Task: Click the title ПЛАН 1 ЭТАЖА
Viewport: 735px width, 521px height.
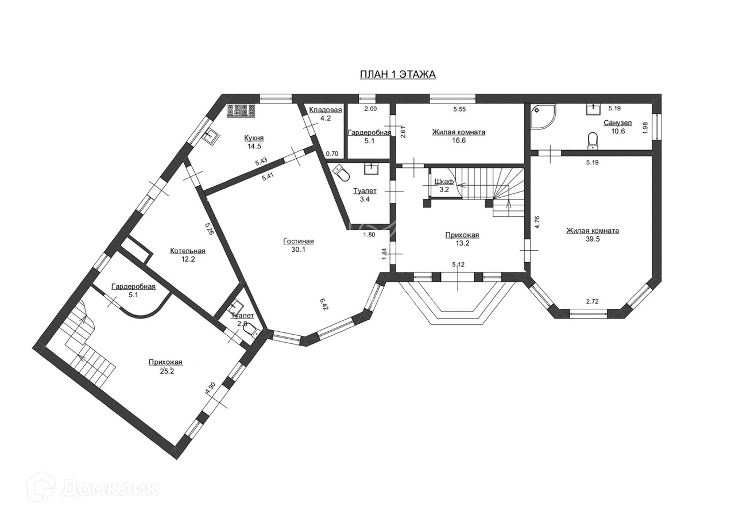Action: click(397, 74)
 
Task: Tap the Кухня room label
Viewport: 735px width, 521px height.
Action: click(254, 138)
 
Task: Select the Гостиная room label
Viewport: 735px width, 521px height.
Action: click(298, 241)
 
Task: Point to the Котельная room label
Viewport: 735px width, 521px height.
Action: click(187, 251)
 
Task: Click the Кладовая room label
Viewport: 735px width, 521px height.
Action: click(325, 110)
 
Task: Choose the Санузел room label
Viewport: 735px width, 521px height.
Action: click(617, 123)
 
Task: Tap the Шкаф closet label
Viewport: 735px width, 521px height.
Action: click(444, 182)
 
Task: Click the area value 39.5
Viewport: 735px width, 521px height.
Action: click(592, 239)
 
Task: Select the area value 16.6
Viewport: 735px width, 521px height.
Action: click(458, 140)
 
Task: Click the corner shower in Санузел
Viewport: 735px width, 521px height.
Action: click(543, 117)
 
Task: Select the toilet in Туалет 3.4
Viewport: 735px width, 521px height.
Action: click(343, 171)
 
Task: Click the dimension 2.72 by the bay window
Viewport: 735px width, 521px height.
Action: click(592, 301)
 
